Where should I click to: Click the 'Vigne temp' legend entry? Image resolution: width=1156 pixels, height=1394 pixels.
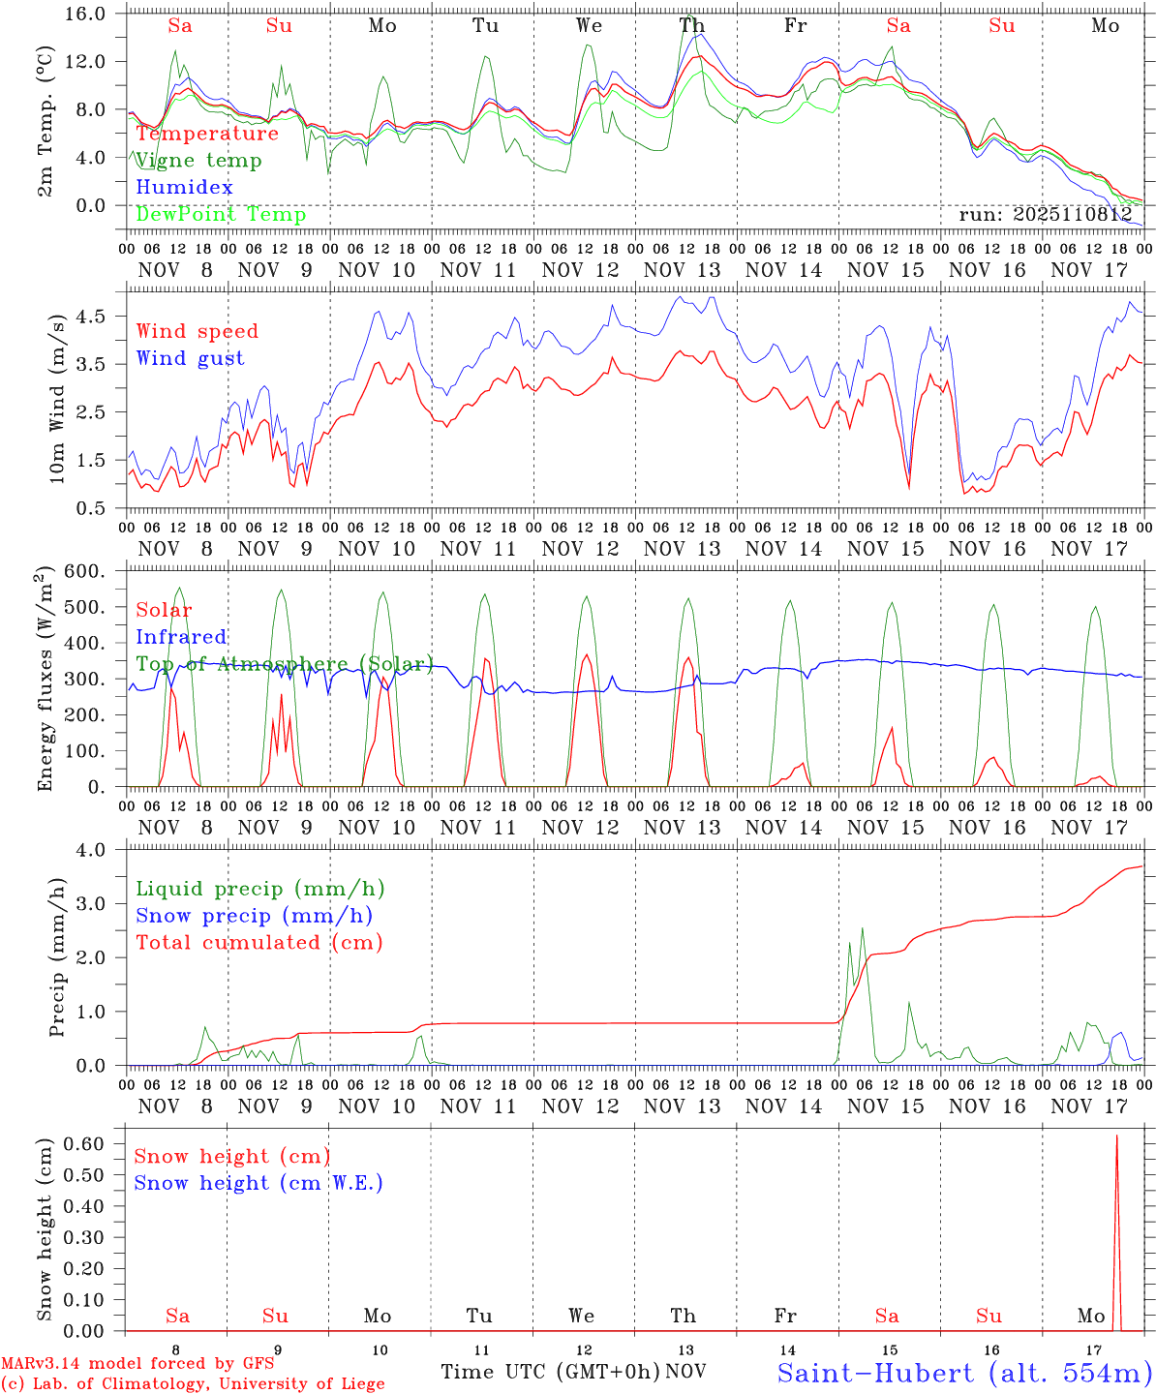pos(198,161)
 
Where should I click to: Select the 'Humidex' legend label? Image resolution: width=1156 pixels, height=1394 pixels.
pos(184,188)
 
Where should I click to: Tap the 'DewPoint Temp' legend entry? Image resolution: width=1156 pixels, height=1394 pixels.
pos(221,215)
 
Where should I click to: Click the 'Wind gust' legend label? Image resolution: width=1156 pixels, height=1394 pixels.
pos(190,358)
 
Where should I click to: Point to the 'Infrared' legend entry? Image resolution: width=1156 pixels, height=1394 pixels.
pos(181,637)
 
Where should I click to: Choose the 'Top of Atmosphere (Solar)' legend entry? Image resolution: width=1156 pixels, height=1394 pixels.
pos(284,664)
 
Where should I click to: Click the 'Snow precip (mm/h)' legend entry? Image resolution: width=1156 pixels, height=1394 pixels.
pos(254,916)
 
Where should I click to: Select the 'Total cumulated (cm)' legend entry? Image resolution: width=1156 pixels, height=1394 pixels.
pos(259,943)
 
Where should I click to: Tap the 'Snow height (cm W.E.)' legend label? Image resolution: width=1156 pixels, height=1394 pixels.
pos(259,1183)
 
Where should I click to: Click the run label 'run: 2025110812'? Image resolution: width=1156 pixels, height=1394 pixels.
pos(1046,215)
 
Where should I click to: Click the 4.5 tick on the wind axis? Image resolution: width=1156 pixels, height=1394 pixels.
pos(102,317)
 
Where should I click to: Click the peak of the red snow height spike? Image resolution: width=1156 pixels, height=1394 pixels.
pos(1116,1136)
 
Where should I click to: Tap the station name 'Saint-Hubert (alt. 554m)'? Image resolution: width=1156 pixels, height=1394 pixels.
pos(964,1372)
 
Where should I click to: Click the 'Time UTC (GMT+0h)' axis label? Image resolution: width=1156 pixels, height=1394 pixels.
pos(550,1372)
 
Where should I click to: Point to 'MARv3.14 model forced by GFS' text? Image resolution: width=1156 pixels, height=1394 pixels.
pos(137,1364)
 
